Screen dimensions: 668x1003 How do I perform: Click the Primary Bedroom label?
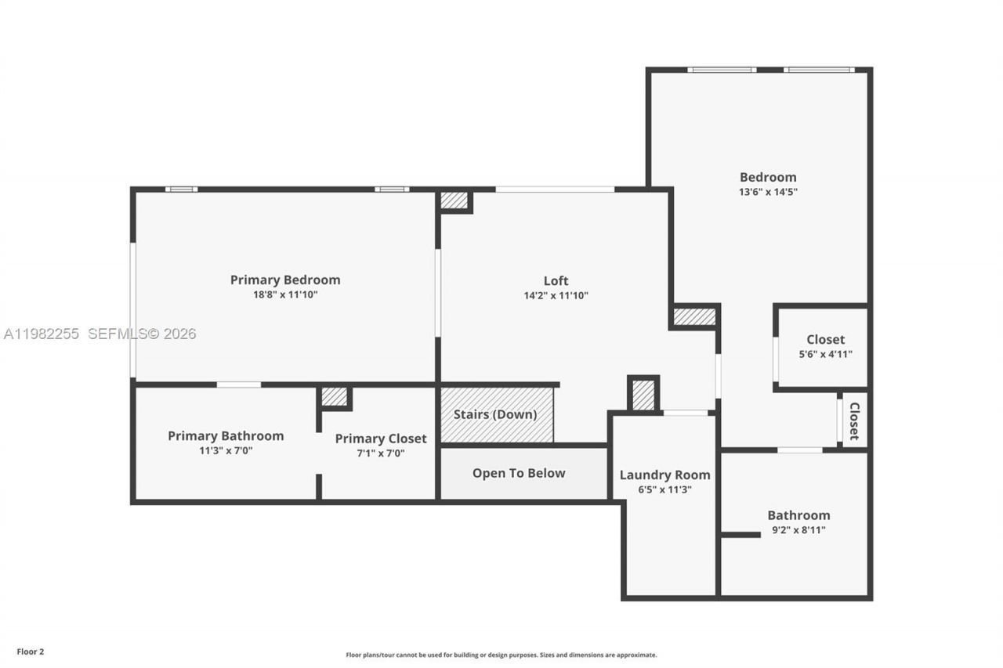tap(285, 280)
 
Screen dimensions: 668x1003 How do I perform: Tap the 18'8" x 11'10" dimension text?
tap(285, 295)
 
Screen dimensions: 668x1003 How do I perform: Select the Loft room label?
tap(556, 280)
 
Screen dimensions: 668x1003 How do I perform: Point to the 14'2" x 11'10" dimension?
tap(556, 296)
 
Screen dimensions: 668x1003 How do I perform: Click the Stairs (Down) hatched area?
tap(496, 414)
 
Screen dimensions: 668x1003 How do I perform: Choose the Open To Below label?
tap(518, 473)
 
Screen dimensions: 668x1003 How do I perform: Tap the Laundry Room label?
tap(664, 475)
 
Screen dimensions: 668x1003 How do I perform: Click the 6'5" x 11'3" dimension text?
tap(664, 490)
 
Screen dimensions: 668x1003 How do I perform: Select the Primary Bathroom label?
tap(226, 435)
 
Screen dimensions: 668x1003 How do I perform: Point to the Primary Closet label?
tap(381, 439)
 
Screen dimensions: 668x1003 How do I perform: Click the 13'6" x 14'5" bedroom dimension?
tap(768, 192)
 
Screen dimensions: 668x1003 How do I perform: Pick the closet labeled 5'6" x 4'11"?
tap(825, 346)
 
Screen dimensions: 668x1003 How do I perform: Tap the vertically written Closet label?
tap(854, 421)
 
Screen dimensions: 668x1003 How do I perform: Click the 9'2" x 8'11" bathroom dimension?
tap(798, 530)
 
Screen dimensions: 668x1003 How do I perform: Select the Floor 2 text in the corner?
tap(31, 652)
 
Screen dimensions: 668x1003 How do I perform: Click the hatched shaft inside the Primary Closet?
tap(335, 397)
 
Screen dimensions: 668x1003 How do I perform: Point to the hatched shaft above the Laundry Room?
tap(643, 395)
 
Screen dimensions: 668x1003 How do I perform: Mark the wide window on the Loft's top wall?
tap(555, 190)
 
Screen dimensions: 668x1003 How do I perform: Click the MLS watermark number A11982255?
tap(41, 334)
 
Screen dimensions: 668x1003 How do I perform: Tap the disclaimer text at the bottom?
tap(501, 655)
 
